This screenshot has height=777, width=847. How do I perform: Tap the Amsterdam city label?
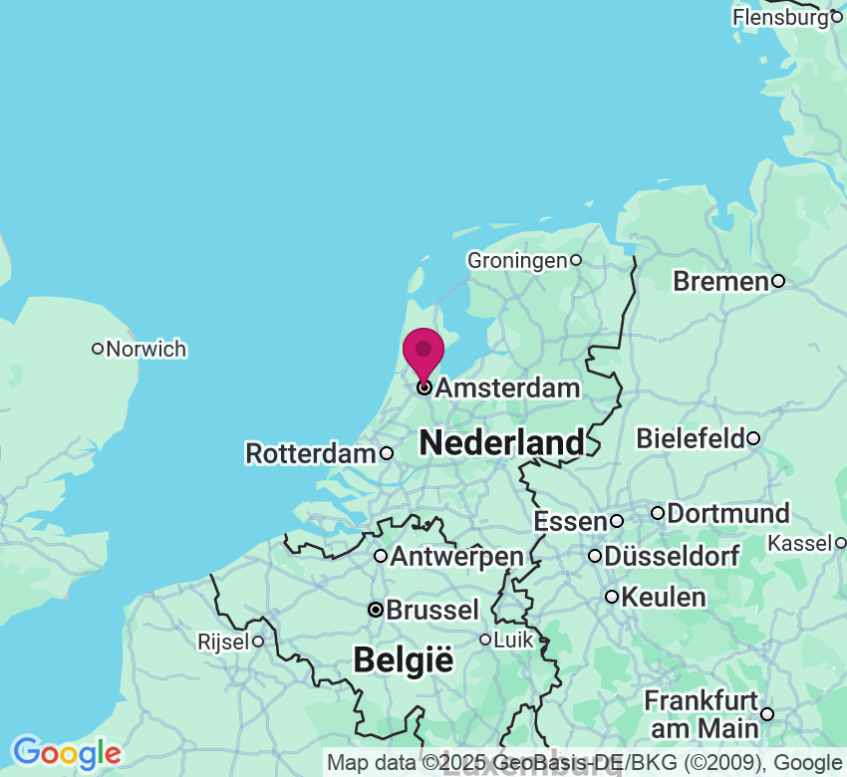tap(507, 388)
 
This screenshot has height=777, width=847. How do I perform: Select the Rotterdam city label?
tap(311, 453)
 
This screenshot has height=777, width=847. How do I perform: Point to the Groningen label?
tap(516, 260)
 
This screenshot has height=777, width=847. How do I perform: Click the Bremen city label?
tap(720, 281)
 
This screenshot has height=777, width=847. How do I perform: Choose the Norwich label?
tap(145, 349)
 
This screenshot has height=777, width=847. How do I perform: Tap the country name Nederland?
tap(501, 442)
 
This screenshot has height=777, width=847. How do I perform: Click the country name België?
tap(404, 659)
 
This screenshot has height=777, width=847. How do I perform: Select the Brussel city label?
tap(432, 610)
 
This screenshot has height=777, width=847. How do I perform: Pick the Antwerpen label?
tap(456, 556)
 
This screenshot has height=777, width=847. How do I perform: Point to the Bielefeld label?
tap(691, 437)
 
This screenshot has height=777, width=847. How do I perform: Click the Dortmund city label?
tap(727, 513)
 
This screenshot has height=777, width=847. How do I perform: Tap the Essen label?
tap(570, 521)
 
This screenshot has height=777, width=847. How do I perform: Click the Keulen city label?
tap(663, 597)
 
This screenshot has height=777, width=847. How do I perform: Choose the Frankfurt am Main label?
tap(701, 714)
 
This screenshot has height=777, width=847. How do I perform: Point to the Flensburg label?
tap(780, 17)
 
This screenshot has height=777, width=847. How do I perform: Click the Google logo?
tap(66, 752)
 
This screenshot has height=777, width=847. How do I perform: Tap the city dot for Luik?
tap(485, 640)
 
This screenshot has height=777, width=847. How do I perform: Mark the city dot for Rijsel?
tap(257, 642)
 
